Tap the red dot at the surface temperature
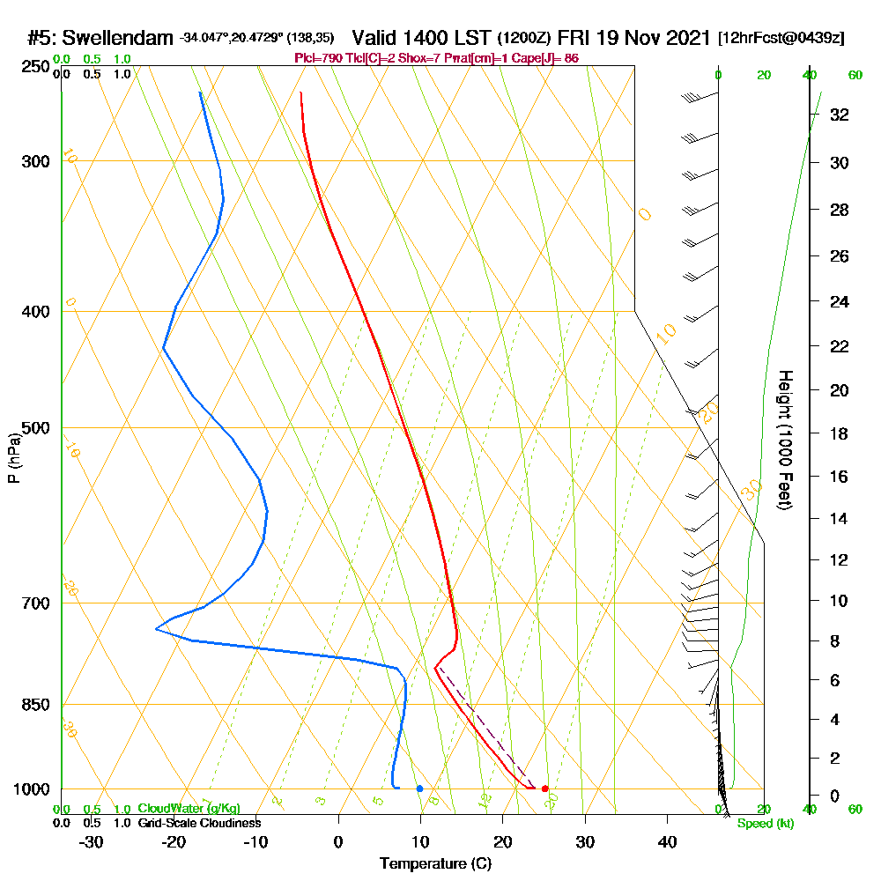pyautogui.click(x=544, y=788)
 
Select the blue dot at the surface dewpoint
pyautogui.click(x=419, y=788)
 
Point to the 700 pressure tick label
pyautogui.click(x=35, y=603)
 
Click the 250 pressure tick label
pyautogui.click(x=35, y=67)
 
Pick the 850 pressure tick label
pyautogui.click(x=35, y=705)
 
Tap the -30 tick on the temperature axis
pyautogui.click(x=92, y=842)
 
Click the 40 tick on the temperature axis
pyautogui.click(x=667, y=842)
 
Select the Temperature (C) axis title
pyautogui.click(x=435, y=864)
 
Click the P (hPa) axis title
pyautogui.click(x=13, y=457)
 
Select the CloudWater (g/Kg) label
pyautogui.click(x=189, y=809)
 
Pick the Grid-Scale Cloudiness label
pyautogui.click(x=198, y=823)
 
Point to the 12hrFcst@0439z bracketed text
pyautogui.click(x=781, y=38)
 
